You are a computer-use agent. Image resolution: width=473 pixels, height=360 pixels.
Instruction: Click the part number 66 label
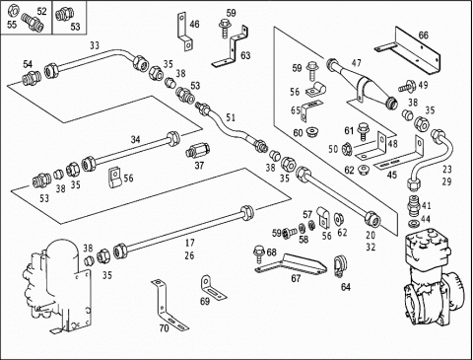click(424, 35)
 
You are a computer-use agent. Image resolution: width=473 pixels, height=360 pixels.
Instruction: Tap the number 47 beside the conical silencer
click(356, 63)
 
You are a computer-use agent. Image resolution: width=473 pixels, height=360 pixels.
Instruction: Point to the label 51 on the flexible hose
click(231, 117)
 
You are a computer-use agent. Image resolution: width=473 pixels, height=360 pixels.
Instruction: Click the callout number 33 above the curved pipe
click(95, 45)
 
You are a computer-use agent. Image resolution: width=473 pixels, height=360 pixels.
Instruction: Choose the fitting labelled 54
click(32, 79)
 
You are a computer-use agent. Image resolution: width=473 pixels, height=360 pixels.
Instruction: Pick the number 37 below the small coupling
click(199, 166)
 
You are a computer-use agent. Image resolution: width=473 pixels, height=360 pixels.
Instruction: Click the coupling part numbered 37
click(198, 151)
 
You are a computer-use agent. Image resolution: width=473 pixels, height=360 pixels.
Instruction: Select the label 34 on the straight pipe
click(135, 140)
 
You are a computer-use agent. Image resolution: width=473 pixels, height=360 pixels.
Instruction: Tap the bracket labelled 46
click(184, 33)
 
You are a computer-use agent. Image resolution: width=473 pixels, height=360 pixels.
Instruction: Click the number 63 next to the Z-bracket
click(245, 55)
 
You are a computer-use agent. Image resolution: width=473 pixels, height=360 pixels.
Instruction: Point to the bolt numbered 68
click(259, 253)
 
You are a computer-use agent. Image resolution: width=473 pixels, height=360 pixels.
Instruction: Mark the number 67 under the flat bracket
click(296, 278)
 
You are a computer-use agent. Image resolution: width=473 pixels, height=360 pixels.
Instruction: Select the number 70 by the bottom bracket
click(164, 327)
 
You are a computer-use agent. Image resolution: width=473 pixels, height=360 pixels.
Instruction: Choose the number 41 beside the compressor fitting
click(426, 206)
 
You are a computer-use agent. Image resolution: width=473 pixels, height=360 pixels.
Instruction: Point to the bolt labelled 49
click(407, 87)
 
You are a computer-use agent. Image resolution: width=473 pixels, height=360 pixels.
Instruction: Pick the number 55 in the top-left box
click(12, 25)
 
